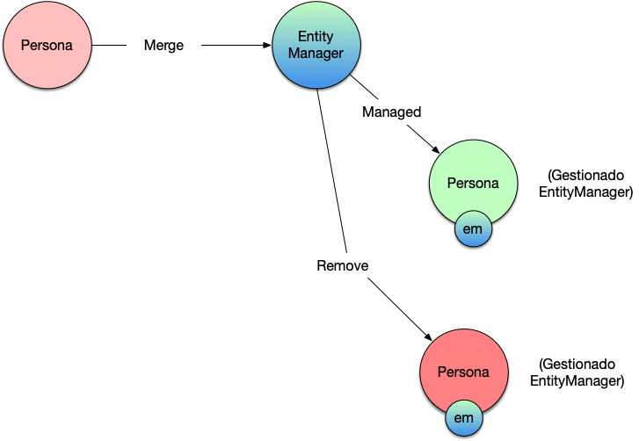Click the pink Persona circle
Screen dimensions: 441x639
[x=47, y=46]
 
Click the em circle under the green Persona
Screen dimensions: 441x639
[x=473, y=230]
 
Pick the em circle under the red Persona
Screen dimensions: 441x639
[x=463, y=418]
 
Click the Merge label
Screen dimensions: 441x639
[x=163, y=46]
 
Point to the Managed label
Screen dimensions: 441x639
[x=392, y=112]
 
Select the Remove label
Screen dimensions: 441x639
[x=342, y=264]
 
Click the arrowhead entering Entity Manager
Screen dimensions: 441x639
[x=267, y=46]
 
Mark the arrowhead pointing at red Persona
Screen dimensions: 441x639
[x=428, y=337]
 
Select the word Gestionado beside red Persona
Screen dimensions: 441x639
[x=577, y=364]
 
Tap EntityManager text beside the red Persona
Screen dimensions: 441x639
[x=577, y=381]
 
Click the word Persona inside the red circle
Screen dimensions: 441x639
[x=463, y=372]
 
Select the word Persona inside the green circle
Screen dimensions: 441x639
[x=473, y=184]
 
